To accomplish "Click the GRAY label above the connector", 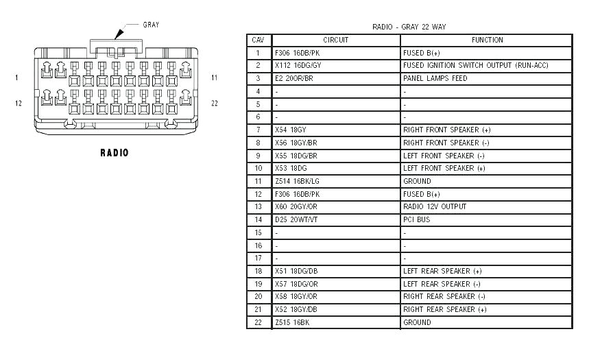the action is pyautogui.click(x=151, y=25).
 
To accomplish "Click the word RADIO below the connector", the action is pyautogui.click(x=114, y=152).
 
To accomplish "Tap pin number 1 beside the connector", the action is pyautogui.click(x=16, y=78).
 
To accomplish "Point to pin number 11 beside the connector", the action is pyautogui.click(x=214, y=78).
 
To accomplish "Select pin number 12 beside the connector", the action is pyautogui.click(x=19, y=104).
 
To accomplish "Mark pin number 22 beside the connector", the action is pyautogui.click(x=215, y=104).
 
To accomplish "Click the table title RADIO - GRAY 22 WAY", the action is pyautogui.click(x=409, y=27).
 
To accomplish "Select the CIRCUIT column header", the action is pyautogui.click(x=335, y=40).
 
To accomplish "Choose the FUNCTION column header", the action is pyautogui.click(x=487, y=40).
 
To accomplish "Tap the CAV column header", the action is pyautogui.click(x=258, y=40).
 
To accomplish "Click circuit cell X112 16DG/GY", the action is pyautogui.click(x=298, y=66).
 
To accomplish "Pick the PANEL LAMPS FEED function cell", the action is pyautogui.click(x=435, y=78).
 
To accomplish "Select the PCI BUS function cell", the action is pyautogui.click(x=416, y=219).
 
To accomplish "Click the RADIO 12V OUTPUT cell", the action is pyautogui.click(x=435, y=206).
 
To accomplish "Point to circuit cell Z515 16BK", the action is pyautogui.click(x=291, y=322).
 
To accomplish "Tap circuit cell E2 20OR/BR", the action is pyautogui.click(x=293, y=78).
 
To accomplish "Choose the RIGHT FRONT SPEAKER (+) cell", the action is pyautogui.click(x=446, y=130).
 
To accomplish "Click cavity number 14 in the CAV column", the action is pyautogui.click(x=258, y=219).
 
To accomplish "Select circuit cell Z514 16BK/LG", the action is pyautogui.click(x=296, y=181).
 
